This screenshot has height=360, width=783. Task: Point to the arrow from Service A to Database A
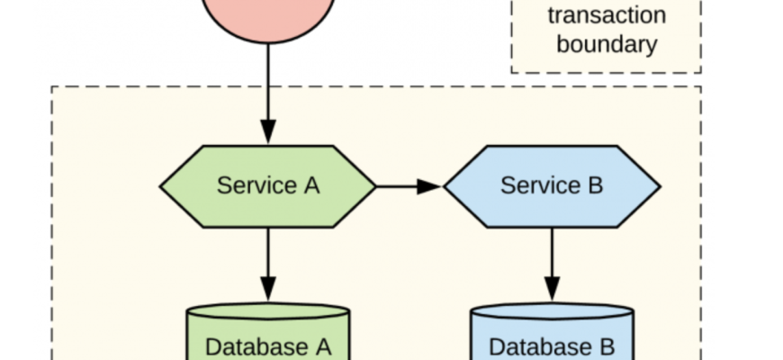(267, 261)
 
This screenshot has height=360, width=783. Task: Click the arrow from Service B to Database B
(552, 261)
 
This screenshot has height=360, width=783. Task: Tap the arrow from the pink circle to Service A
(267, 90)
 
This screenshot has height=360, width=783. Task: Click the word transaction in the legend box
(606, 15)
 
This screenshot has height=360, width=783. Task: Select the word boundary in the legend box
(606, 44)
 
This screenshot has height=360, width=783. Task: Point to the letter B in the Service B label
(594, 186)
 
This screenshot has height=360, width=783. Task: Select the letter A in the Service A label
(310, 186)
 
